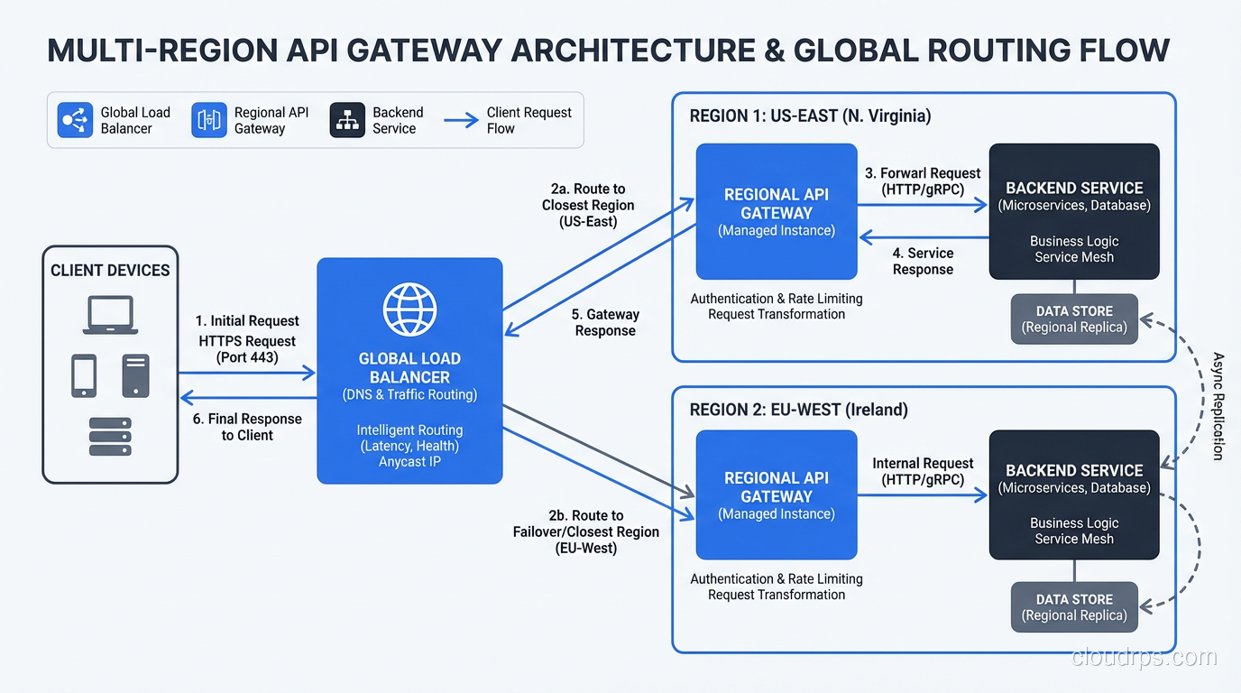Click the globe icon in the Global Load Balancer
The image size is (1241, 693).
(x=409, y=310)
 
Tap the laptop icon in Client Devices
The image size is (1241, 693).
(x=110, y=315)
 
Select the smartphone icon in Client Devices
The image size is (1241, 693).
(x=84, y=375)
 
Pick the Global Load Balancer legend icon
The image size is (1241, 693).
(x=75, y=120)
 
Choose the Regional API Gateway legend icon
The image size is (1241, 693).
(x=209, y=120)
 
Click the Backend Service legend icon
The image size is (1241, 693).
(x=347, y=120)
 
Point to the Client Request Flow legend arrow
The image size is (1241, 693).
(x=461, y=120)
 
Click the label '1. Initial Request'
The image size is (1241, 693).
(x=247, y=321)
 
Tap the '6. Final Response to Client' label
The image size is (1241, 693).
(x=247, y=427)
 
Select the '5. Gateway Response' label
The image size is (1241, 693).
(x=605, y=322)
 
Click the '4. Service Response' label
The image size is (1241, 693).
(x=923, y=262)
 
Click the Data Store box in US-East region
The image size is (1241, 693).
(x=1074, y=319)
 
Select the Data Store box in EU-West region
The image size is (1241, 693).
(x=1074, y=607)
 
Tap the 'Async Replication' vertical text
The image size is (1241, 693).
(x=1218, y=406)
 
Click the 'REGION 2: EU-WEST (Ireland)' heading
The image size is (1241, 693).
(x=798, y=410)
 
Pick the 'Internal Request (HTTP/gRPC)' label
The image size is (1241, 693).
(x=923, y=471)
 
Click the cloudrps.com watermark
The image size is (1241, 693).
(x=1144, y=657)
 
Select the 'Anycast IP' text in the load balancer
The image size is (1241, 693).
(x=409, y=462)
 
